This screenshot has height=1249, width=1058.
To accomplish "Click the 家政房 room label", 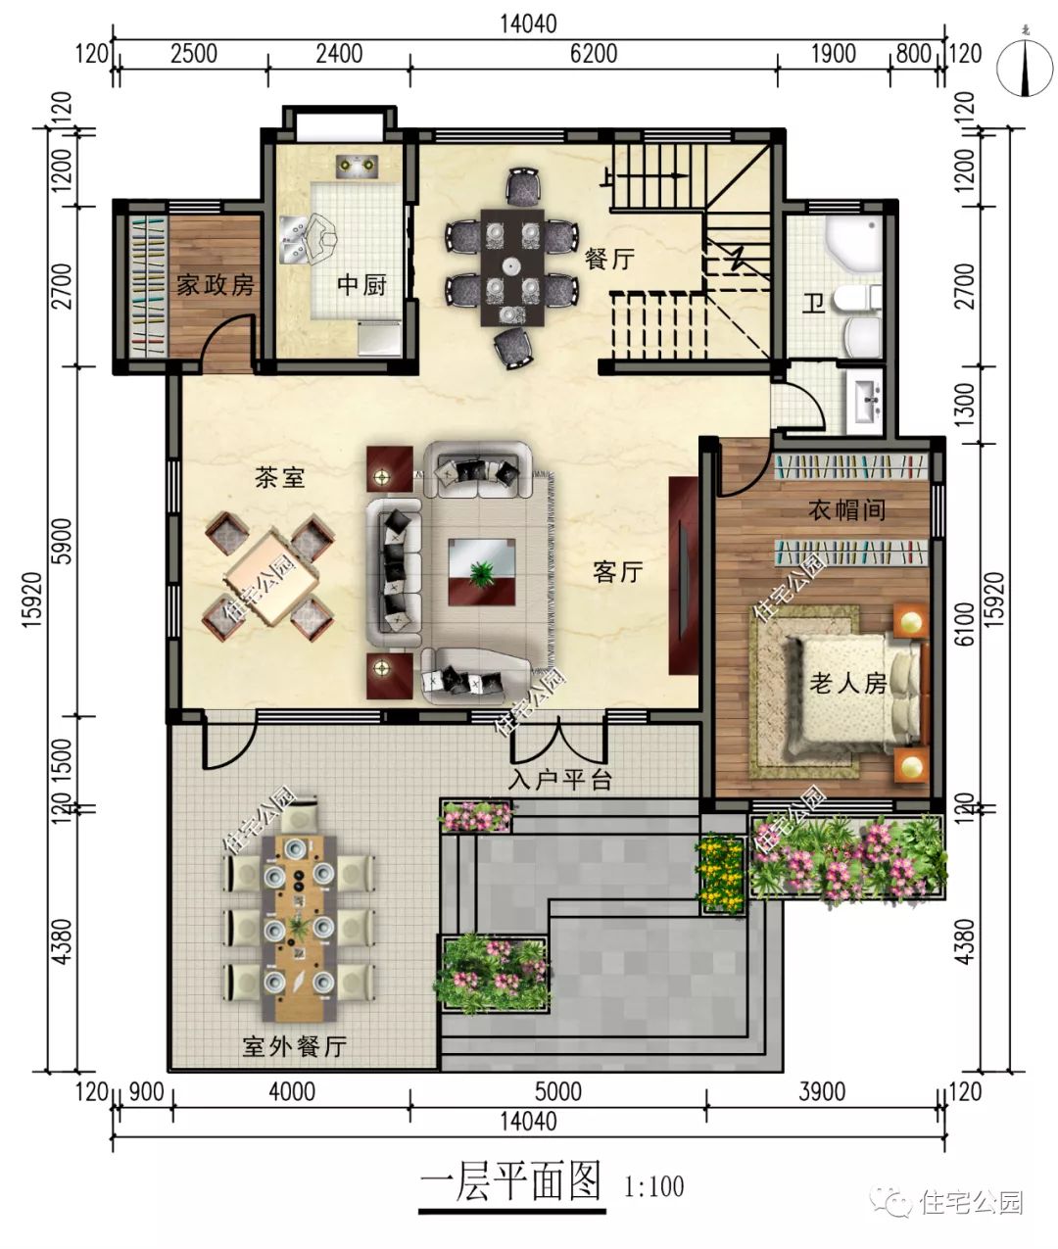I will tap(215, 285).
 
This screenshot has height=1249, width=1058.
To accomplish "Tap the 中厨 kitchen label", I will tap(361, 285).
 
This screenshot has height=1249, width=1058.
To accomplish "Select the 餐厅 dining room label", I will tap(609, 260).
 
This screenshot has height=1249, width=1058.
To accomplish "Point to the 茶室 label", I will tap(279, 478).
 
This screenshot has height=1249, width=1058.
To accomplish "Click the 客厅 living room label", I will tap(617, 572).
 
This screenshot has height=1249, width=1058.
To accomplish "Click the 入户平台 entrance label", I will tap(561, 781).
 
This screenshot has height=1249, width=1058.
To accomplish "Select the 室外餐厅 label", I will tap(294, 1047).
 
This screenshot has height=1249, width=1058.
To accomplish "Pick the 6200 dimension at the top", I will tap(594, 53).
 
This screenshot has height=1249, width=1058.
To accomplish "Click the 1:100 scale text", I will tap(653, 1187).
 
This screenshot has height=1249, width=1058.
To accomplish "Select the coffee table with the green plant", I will tap(481, 571).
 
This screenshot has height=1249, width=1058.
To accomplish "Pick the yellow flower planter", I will tap(722, 871).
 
